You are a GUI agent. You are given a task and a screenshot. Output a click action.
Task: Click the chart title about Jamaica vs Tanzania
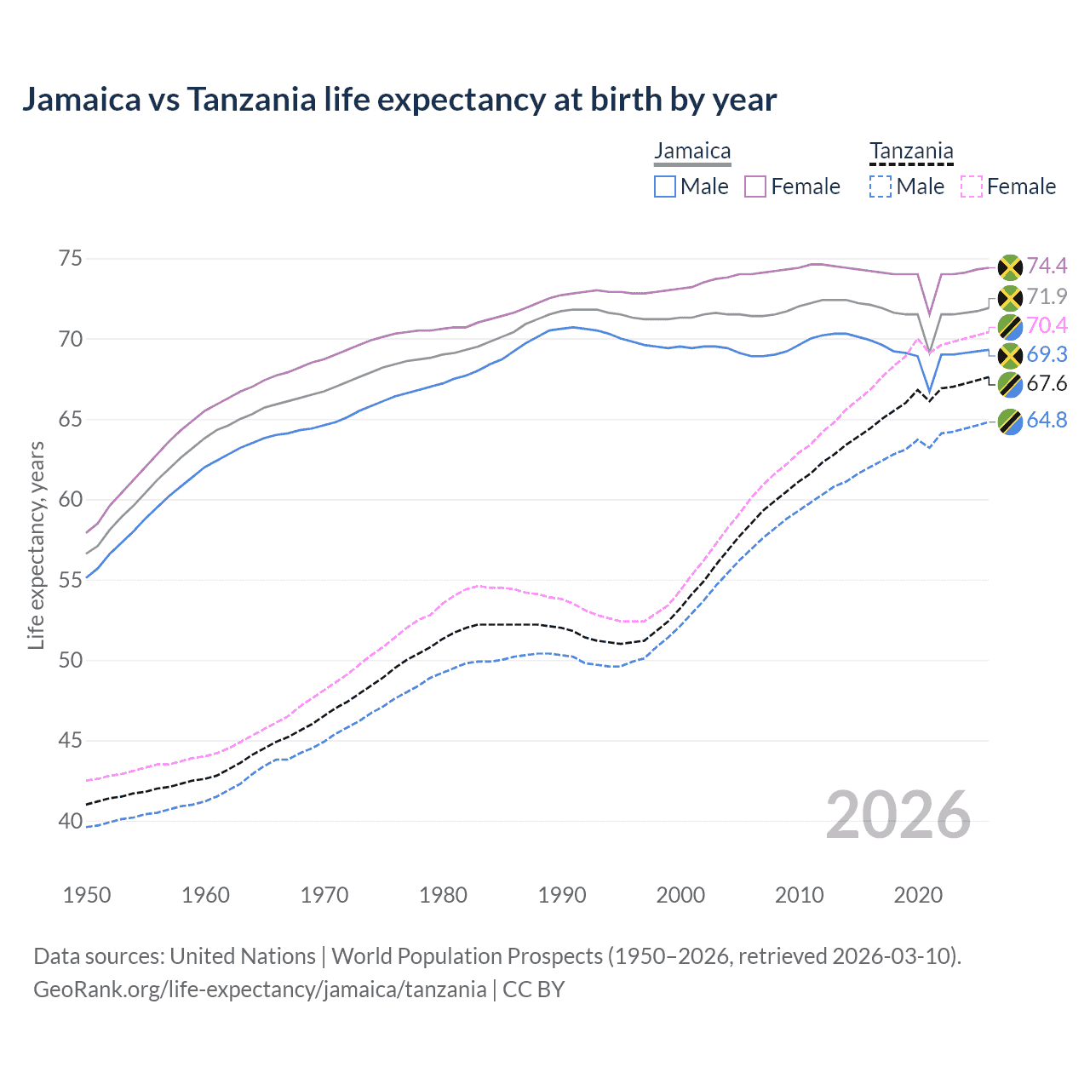pos(399,100)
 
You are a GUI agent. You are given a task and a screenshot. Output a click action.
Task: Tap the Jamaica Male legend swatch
pos(665,186)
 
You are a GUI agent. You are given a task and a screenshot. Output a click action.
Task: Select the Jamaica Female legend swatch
pos(755,186)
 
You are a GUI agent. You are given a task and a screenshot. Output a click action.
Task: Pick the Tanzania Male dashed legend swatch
pos(881,186)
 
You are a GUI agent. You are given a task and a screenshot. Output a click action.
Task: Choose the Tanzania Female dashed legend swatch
pos(972,186)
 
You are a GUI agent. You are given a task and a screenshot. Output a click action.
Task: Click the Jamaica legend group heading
pos(692,152)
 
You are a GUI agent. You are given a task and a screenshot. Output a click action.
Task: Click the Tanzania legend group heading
pos(911,152)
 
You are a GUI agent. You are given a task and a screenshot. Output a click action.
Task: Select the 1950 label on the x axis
pos(87,895)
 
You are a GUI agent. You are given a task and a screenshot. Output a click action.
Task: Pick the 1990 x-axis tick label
pos(562,895)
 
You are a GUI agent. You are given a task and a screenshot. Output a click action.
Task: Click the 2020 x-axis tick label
pos(918,895)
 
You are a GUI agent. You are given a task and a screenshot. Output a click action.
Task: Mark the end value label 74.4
pos(1047,267)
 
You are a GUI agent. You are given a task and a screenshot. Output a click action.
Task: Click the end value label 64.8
pos(1047,421)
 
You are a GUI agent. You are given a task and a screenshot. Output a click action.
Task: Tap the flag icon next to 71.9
pos(1010,297)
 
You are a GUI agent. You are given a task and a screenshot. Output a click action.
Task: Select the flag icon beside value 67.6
pos(1010,384)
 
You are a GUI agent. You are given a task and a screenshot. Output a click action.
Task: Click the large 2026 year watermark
pos(898,815)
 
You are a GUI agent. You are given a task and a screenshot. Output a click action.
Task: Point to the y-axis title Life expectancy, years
pos(36,545)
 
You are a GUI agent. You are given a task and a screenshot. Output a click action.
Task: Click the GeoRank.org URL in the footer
pos(260,990)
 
